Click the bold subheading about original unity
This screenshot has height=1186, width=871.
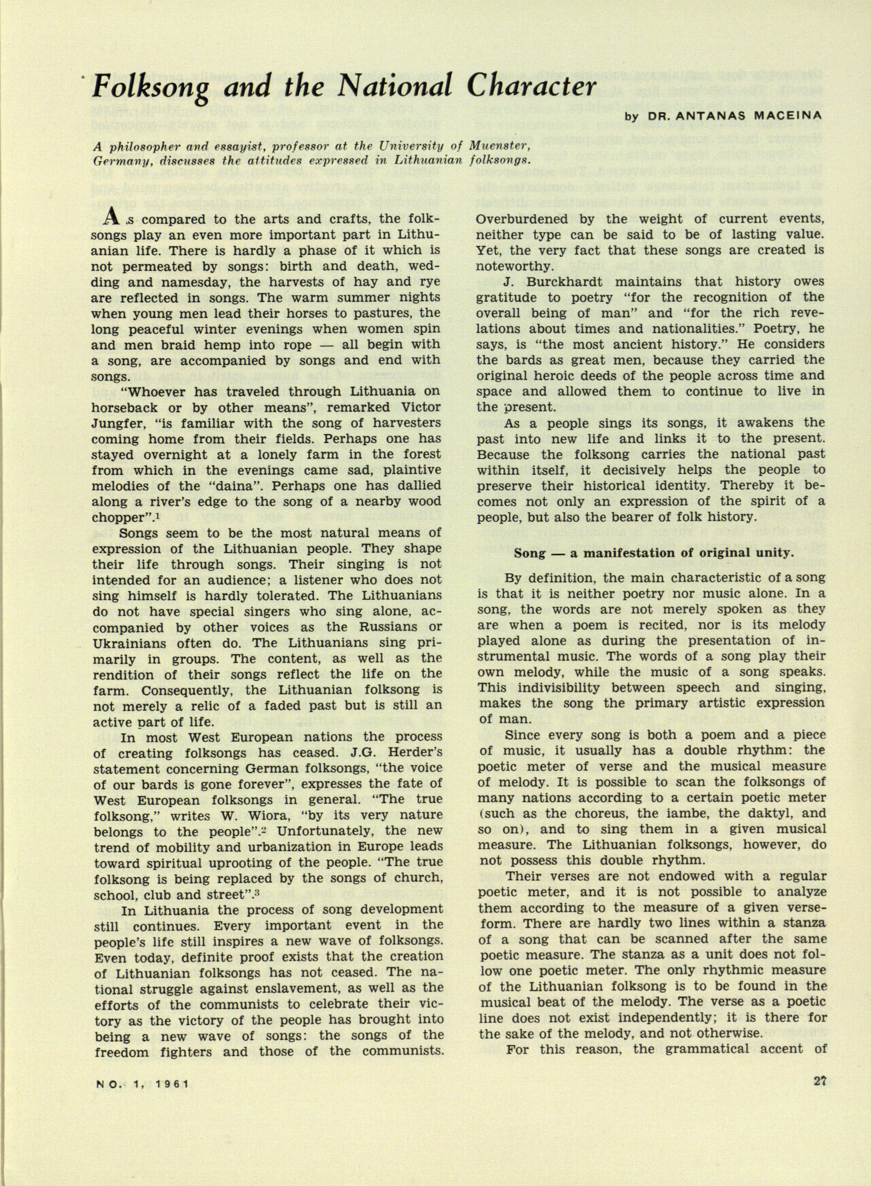pyautogui.click(x=653, y=553)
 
